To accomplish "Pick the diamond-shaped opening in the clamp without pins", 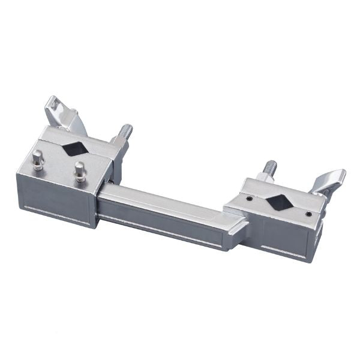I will (x=278, y=201).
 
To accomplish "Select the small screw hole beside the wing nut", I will (x=308, y=214).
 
